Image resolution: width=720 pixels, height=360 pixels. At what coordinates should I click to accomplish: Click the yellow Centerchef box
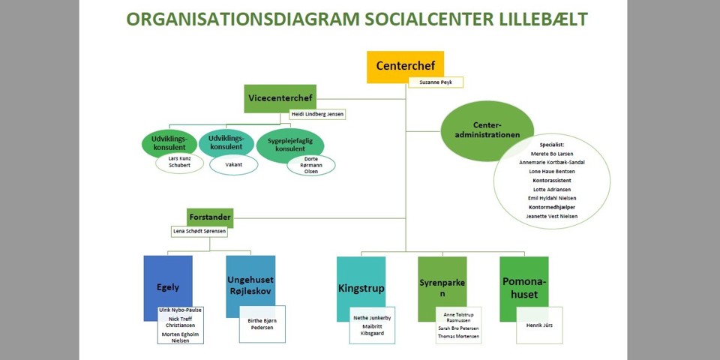(x=405, y=66)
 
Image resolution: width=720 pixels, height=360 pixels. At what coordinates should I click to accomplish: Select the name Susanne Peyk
(x=436, y=82)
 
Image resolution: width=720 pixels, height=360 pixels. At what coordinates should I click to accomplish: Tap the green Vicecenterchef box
(x=280, y=98)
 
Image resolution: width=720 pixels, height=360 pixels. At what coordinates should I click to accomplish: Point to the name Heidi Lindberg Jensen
(x=317, y=115)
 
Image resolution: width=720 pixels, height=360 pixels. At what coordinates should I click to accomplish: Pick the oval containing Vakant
(x=233, y=164)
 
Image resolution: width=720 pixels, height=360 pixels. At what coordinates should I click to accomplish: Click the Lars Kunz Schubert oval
(x=179, y=163)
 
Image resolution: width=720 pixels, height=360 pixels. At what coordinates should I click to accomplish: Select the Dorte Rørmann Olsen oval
(x=310, y=165)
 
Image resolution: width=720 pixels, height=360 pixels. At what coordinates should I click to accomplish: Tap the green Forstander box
(x=210, y=217)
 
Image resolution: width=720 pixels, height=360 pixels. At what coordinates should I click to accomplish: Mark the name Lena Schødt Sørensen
(x=199, y=232)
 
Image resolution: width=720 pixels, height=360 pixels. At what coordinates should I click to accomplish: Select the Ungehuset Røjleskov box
(x=250, y=281)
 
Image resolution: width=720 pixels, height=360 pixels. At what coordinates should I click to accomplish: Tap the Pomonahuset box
(x=523, y=286)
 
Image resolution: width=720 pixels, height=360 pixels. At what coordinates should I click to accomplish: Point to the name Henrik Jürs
(x=538, y=325)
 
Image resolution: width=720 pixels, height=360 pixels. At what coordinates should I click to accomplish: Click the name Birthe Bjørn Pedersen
(x=262, y=324)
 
